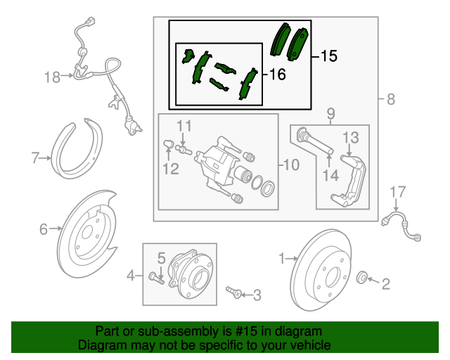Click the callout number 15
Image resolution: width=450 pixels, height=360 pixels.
click(x=329, y=56)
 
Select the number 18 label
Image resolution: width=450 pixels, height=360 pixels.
click(x=53, y=77)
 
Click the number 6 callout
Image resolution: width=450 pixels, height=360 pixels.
click(x=43, y=229)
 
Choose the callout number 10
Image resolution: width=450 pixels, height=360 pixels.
click(x=291, y=165)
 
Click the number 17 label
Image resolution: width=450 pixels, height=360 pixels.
click(x=398, y=191)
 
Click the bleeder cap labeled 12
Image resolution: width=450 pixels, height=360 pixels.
click(x=168, y=145)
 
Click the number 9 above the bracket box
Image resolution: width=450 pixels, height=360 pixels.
click(x=330, y=113)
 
